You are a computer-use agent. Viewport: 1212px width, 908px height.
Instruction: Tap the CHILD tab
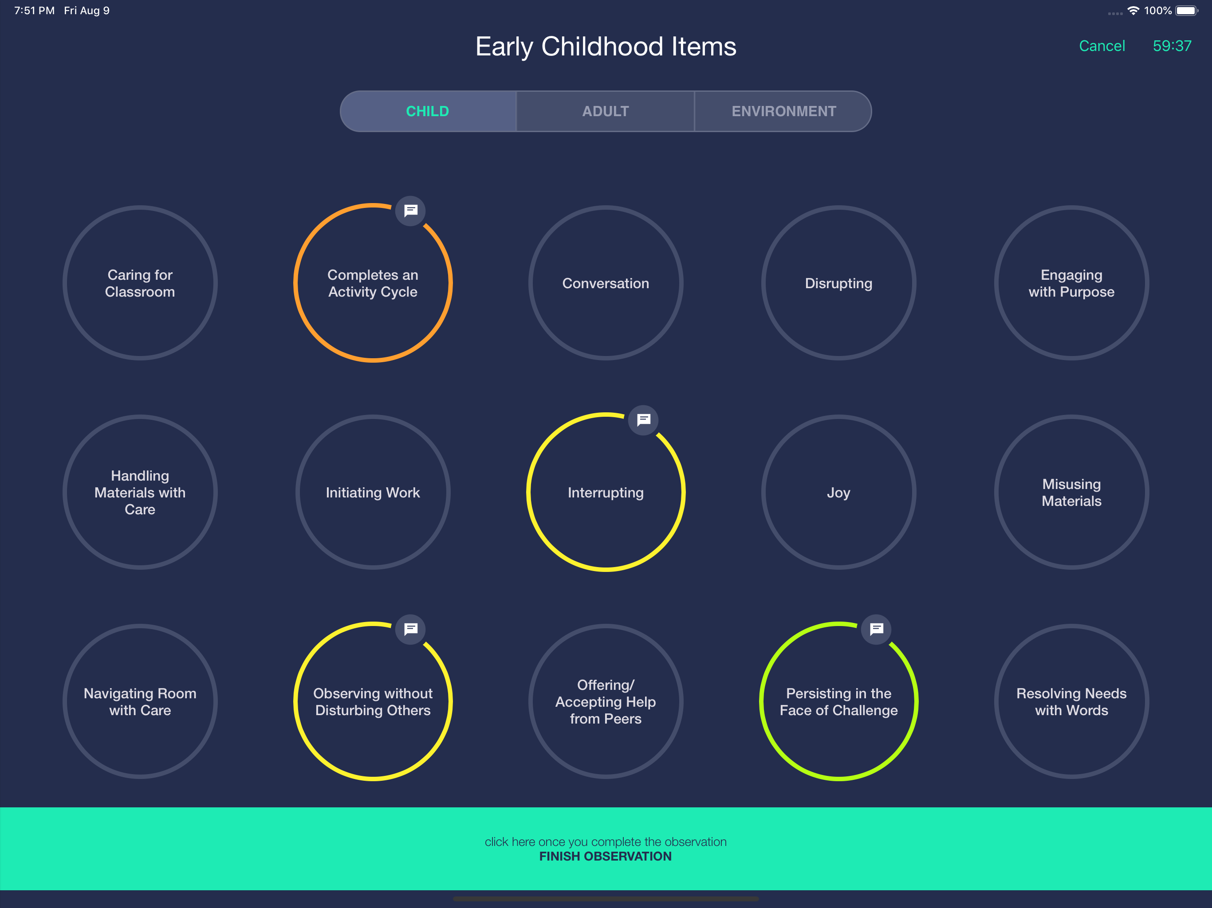tap(427, 111)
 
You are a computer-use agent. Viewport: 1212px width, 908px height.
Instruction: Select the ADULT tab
tap(606, 111)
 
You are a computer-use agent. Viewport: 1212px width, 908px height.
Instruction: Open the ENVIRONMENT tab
tap(783, 111)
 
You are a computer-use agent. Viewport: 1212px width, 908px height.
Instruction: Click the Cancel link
tap(1102, 46)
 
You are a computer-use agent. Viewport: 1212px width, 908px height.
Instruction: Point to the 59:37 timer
tap(1172, 46)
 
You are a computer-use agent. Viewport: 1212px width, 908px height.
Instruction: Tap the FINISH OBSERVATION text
tap(606, 857)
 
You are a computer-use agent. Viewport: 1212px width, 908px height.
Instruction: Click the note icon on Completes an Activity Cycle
tap(410, 211)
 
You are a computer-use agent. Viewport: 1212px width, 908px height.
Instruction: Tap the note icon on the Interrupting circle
tap(643, 420)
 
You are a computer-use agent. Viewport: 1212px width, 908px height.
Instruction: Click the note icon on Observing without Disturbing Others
tap(410, 629)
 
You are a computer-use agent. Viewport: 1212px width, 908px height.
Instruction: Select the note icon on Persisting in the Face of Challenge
tap(876, 629)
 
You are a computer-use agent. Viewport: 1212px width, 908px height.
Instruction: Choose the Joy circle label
tap(838, 493)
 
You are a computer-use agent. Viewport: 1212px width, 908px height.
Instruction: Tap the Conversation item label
tap(606, 284)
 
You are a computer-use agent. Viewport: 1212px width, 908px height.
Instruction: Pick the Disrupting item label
tap(838, 284)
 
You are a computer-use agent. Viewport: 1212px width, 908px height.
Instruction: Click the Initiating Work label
tap(373, 493)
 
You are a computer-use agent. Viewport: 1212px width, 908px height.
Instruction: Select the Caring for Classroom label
tap(140, 283)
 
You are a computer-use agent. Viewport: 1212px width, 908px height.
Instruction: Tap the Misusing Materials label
tap(1071, 493)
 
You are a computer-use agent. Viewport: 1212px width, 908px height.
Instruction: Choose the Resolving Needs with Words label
tap(1071, 701)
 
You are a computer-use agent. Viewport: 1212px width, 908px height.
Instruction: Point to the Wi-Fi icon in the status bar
tap(1133, 10)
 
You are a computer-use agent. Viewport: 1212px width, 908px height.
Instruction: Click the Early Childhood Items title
tap(606, 47)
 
